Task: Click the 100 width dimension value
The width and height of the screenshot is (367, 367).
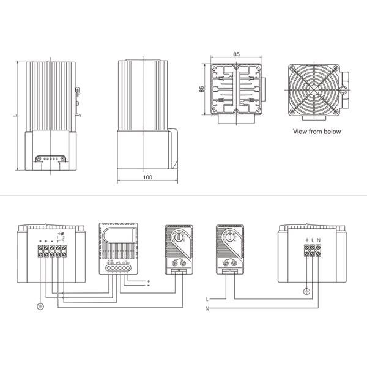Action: (147, 177)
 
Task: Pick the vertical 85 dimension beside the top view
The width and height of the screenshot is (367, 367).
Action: (202, 89)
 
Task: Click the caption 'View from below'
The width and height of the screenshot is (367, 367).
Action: (317, 132)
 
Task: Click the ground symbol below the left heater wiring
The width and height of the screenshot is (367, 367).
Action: (40, 305)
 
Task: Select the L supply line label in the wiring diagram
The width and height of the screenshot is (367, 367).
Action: (208, 298)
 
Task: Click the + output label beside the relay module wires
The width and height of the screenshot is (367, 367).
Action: (149, 281)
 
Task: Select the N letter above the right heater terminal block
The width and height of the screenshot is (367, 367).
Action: (319, 239)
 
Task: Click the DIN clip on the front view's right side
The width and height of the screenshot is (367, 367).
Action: (80, 98)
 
